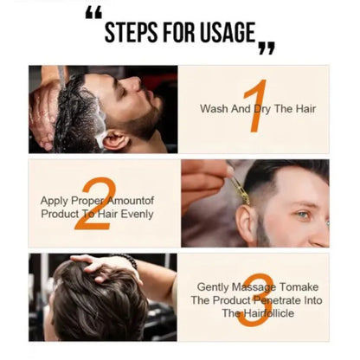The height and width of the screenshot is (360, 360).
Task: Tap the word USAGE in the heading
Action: click(227, 34)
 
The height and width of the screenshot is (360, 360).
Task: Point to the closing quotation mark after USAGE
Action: click(267, 48)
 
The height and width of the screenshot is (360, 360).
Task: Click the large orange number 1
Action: click(254, 106)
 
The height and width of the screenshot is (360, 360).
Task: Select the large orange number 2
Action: click(94, 203)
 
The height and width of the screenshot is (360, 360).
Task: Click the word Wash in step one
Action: click(215, 109)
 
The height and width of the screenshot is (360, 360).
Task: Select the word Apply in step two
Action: click(55, 201)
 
